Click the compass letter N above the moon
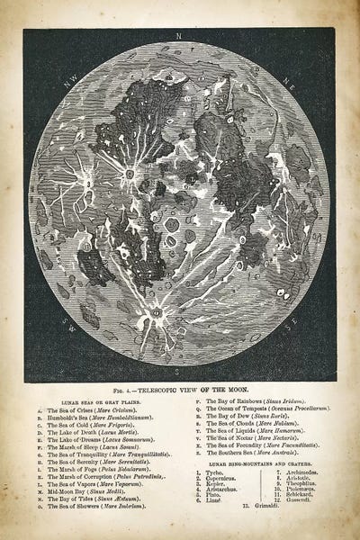pyautogui.click(x=181, y=37)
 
